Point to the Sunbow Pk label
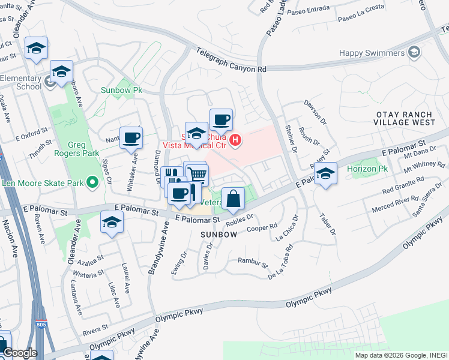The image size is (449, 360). click(121, 91)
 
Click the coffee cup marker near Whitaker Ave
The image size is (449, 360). click(131, 137)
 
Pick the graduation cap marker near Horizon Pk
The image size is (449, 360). click(325, 174)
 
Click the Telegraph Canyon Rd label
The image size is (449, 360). click(231, 62)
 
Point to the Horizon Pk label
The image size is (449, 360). click(367, 169)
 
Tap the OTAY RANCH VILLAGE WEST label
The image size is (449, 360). click(405, 118)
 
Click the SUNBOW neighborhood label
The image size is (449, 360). click(218, 235)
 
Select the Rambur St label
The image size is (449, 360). click(252, 262)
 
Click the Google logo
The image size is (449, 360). click(19, 353)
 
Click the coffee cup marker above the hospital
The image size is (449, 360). click(220, 119)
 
